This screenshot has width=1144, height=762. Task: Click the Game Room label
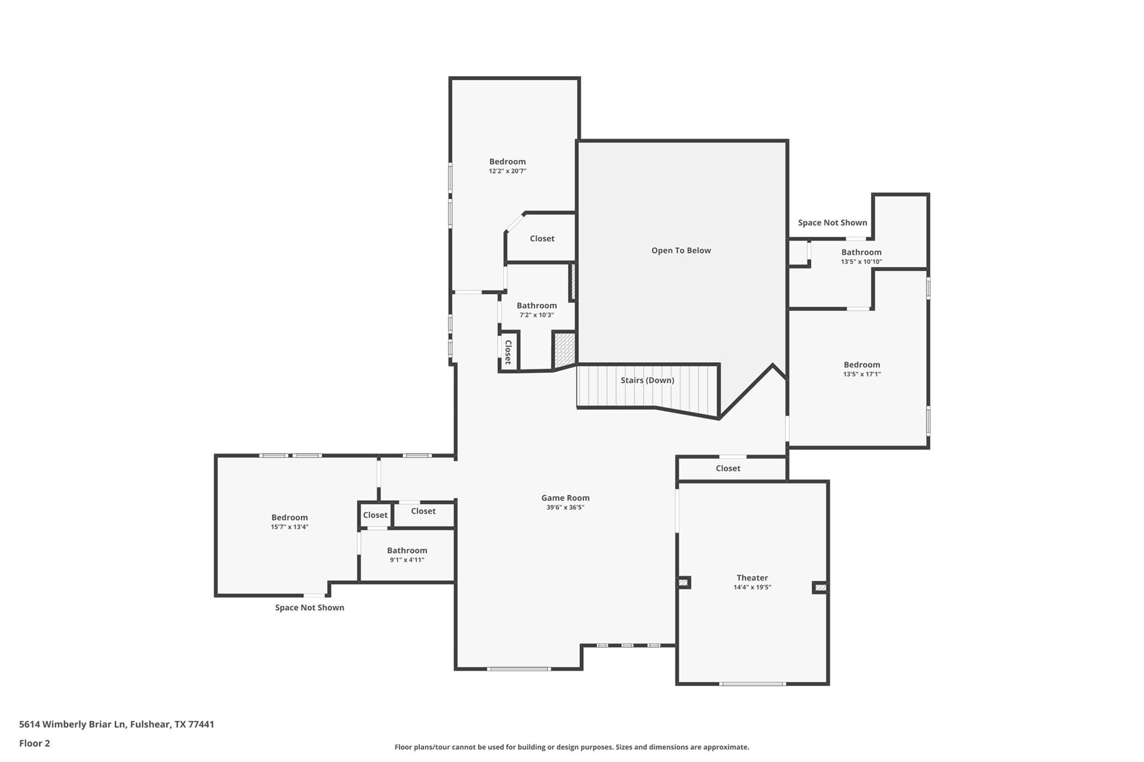click(x=565, y=498)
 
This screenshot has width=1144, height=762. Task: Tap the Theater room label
click(x=752, y=578)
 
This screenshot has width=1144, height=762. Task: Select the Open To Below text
click(x=681, y=251)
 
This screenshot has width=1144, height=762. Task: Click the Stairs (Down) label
click(x=647, y=380)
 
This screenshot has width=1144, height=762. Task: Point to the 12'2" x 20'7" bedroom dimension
click(x=507, y=171)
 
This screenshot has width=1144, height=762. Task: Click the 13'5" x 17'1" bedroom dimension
click(x=862, y=375)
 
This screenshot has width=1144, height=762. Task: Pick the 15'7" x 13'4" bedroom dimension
click(x=289, y=527)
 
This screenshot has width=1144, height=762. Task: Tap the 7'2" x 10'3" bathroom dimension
click(x=536, y=315)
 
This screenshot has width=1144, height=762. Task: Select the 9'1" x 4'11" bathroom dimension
click(x=407, y=560)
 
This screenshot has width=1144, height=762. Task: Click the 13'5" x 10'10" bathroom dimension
click(x=861, y=262)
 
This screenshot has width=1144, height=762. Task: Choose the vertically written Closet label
click(x=508, y=352)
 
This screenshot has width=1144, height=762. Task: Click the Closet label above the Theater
click(x=728, y=468)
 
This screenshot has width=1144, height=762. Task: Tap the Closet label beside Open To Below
click(x=542, y=238)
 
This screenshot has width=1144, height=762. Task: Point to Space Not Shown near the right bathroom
click(x=832, y=223)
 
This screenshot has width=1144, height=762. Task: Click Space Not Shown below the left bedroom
click(x=309, y=607)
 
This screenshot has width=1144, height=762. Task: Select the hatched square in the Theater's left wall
click(x=683, y=582)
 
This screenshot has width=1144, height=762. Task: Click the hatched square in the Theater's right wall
click(x=820, y=587)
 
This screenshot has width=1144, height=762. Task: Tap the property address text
click(x=117, y=725)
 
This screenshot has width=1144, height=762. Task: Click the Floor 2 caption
click(x=35, y=743)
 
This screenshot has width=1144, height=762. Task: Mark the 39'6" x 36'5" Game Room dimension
click(x=565, y=507)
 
